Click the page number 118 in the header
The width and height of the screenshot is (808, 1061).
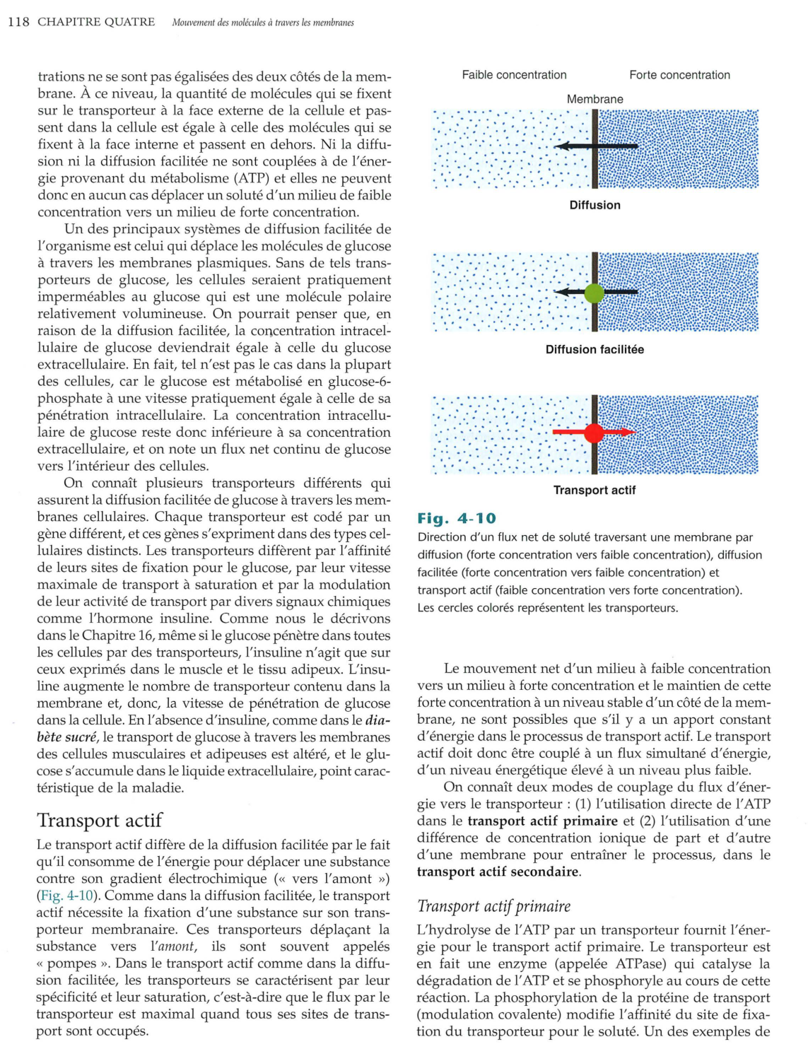point(18,22)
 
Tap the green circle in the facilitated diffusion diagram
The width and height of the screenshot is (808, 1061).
point(595,293)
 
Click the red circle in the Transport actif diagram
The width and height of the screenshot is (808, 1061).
point(595,433)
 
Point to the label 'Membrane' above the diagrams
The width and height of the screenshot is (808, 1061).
point(595,100)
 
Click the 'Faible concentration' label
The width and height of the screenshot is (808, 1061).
point(514,75)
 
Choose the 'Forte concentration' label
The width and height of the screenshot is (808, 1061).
point(679,75)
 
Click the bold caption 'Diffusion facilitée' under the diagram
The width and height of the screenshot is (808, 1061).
point(595,349)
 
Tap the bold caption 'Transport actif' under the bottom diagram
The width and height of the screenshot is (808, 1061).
point(595,490)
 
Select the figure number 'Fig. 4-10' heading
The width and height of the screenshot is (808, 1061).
point(457,518)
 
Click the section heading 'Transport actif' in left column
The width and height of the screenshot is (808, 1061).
point(100,820)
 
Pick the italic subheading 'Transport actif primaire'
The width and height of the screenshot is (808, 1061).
point(493,906)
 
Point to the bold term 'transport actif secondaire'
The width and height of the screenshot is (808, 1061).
point(498,872)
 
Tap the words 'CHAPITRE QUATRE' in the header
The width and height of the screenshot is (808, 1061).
point(96,22)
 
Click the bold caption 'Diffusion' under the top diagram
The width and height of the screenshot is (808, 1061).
point(595,205)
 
